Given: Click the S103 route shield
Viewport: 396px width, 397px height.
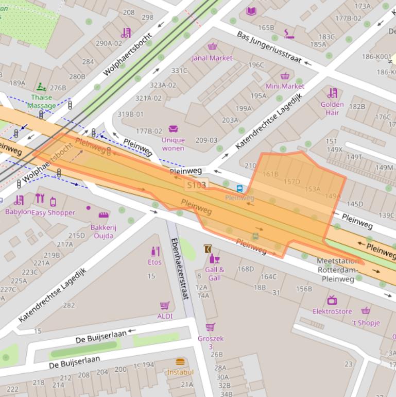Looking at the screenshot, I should point(196,185).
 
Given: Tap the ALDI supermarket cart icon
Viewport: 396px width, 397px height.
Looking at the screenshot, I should point(164,306).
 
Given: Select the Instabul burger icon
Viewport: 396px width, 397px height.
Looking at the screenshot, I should point(180,362).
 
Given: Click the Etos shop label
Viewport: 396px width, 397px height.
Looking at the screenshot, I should point(154,262).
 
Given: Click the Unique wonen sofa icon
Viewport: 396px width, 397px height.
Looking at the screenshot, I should point(173,129).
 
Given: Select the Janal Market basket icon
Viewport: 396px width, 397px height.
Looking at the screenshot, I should point(212,47).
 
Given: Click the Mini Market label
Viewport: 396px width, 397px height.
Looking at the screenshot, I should point(285,86).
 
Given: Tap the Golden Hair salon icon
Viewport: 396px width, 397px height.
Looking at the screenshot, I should point(332,93).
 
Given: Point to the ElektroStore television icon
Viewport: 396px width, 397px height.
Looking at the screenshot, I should point(332,300).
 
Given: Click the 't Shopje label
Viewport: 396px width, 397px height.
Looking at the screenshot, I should point(366,323).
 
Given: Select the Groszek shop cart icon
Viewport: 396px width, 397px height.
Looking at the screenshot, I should point(210,327).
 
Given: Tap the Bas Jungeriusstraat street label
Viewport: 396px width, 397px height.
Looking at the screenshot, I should point(269,47).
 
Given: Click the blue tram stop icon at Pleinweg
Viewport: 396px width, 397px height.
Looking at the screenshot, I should point(239,188).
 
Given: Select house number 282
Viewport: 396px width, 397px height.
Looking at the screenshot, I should point(68,305).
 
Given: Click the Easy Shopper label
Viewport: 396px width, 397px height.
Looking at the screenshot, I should point(54,212).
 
